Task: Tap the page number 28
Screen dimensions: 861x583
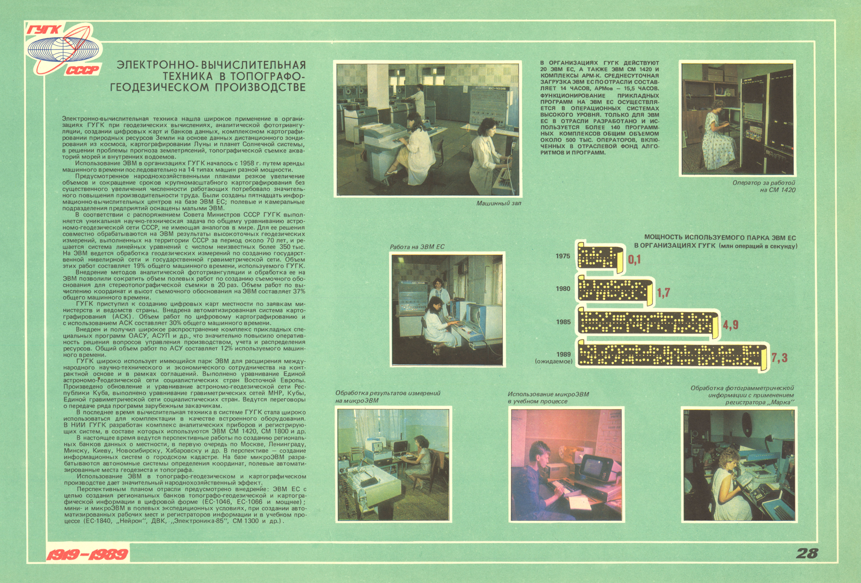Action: click(x=807, y=553)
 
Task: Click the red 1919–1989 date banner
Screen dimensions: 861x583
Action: click(x=87, y=554)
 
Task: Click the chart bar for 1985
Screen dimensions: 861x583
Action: click(x=648, y=323)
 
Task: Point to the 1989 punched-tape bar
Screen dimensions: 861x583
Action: click(x=673, y=357)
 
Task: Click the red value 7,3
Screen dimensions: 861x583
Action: click(x=779, y=359)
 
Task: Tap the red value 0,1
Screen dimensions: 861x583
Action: click(x=635, y=259)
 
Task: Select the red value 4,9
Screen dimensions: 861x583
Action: click(x=730, y=325)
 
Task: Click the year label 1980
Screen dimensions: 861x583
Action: click(x=563, y=289)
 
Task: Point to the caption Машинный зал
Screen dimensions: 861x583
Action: click(x=499, y=203)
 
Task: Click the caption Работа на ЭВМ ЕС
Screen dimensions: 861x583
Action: click(x=417, y=247)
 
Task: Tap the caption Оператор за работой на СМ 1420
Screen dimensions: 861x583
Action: click(x=764, y=186)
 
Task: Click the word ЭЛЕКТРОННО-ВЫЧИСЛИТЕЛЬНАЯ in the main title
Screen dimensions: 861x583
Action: click(x=211, y=65)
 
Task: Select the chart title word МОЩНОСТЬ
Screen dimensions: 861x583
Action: click(x=665, y=238)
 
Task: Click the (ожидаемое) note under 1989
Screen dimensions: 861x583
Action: click(x=553, y=361)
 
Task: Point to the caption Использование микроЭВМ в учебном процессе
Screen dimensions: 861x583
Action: click(x=548, y=398)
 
